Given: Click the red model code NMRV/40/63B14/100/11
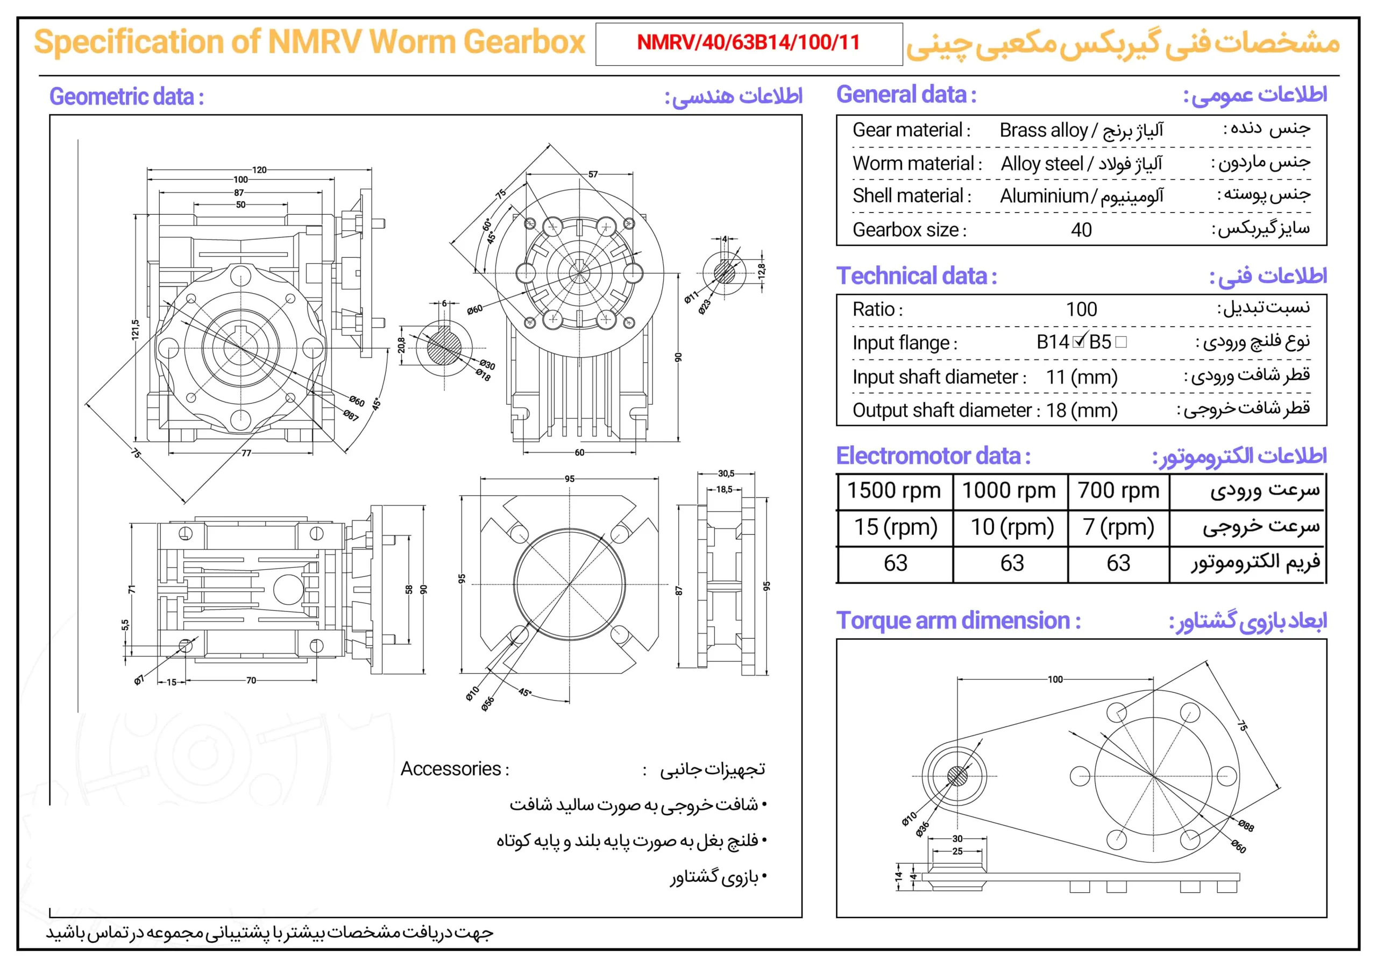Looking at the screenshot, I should coord(748,43).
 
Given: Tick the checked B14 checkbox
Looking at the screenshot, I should coord(1079,342).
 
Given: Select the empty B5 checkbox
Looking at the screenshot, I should coord(1120,342).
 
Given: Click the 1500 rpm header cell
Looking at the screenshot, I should coord(893,491).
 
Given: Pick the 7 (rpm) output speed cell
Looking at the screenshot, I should coord(1118,527).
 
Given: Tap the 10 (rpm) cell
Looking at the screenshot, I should coord(1012,527).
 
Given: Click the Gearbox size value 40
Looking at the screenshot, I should coord(1081,230).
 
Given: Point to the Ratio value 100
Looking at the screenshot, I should coord(1081,309).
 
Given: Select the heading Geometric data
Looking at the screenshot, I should coord(126,97).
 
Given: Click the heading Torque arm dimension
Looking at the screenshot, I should coord(958,620).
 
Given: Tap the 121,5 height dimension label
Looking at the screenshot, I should coord(136,329).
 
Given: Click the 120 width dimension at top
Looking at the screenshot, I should coord(259,170).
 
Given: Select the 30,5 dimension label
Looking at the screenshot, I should coord(726,474).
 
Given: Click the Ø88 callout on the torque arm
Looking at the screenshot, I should coord(1246,826).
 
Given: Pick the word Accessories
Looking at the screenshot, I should coord(454,769).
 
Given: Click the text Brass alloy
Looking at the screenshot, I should coord(1043,130).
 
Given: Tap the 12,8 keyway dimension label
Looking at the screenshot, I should coord(761,272).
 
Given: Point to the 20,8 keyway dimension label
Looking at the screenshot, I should coord(401,345).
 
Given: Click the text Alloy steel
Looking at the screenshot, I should coord(1042,164).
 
